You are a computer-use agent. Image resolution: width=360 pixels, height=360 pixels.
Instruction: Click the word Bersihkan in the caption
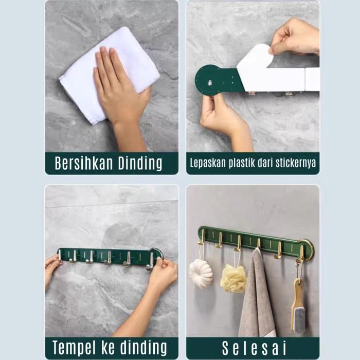[x=84, y=163]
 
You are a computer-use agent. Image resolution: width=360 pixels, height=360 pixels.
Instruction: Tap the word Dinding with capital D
[x=140, y=164]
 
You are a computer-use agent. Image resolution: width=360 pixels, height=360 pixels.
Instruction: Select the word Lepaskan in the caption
[x=208, y=163]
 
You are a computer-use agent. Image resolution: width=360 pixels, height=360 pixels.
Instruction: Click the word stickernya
[x=296, y=163]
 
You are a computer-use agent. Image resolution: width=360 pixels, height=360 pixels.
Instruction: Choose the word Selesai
[x=254, y=348]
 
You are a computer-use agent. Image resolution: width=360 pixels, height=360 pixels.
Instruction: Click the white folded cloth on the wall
[x=109, y=76]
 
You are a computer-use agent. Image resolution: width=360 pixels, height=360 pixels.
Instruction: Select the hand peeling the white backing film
[x=295, y=37]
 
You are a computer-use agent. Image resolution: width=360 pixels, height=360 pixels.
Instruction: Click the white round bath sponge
[x=201, y=273]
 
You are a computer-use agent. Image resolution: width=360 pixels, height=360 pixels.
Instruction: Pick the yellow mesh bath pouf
[x=233, y=279]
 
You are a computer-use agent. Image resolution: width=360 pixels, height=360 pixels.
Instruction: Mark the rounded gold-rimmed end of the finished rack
[x=307, y=250]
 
